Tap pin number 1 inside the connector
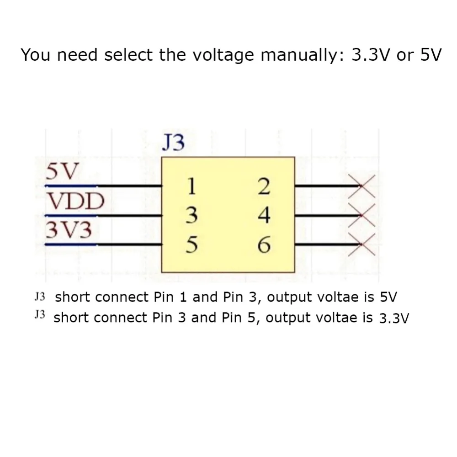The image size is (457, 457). click(x=192, y=186)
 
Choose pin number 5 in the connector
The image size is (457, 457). click(x=192, y=245)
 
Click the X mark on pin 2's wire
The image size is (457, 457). click(x=361, y=186)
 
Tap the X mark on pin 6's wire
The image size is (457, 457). click(x=361, y=245)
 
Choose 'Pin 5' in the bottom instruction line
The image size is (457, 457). click(x=240, y=318)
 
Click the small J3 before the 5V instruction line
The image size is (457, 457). click(x=41, y=297)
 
